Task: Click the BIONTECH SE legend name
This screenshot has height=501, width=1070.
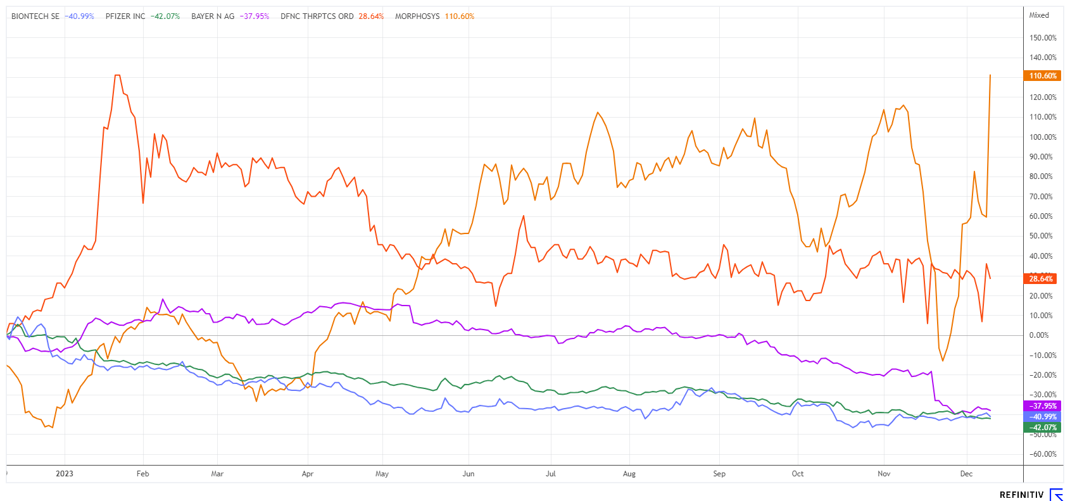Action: [x=35, y=16]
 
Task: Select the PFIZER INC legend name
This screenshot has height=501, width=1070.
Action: [x=125, y=16]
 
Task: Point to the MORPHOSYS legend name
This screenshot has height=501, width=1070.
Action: [x=417, y=16]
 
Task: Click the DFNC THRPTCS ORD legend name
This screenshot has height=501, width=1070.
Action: [x=317, y=16]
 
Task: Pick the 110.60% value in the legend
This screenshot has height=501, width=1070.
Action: [x=460, y=16]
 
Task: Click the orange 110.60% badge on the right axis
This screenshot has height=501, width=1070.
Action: [x=1042, y=76]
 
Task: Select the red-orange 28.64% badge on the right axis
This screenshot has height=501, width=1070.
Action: [x=1041, y=278]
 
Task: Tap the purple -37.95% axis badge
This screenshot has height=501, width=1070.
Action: [x=1042, y=406]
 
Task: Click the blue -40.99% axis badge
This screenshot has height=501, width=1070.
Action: [x=1042, y=417]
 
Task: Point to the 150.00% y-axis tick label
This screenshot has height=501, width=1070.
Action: [x=1043, y=38]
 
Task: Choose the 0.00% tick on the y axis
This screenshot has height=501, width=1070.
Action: [x=1039, y=335]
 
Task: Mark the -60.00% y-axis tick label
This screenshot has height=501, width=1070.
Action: [x=1043, y=454]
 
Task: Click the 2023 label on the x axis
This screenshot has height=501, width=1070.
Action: [x=65, y=474]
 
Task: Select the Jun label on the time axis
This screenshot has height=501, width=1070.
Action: [x=469, y=474]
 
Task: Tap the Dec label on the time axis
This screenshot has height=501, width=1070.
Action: [x=966, y=474]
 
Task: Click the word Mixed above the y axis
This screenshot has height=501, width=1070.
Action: [x=1039, y=15]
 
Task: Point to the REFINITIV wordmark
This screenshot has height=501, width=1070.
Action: [x=1021, y=495]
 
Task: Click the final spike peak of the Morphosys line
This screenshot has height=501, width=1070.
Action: [x=990, y=75]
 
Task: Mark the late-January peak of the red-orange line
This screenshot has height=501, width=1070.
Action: [x=117, y=75]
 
